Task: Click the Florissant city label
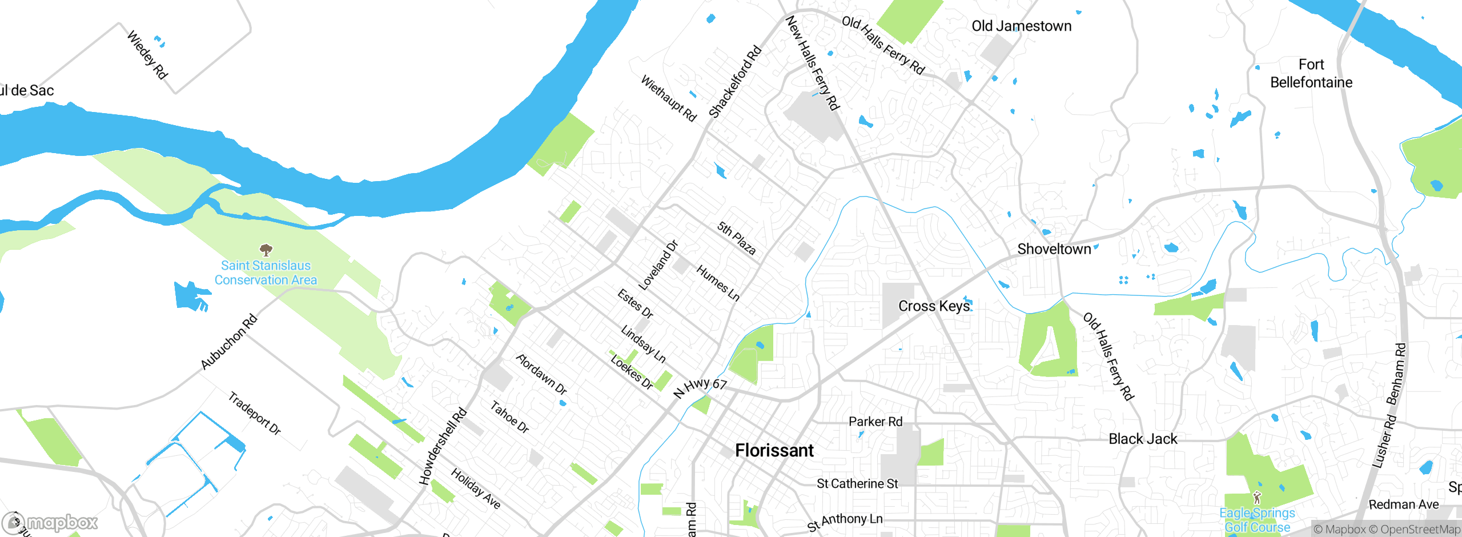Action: pos(774,450)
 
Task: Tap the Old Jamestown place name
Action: pos(1021,26)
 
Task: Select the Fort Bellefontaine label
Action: pos(1311,73)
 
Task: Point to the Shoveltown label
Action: pos(1054,249)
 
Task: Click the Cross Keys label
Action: pos(934,306)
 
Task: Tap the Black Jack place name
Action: pos(1143,439)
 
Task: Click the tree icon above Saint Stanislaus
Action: pos(266,250)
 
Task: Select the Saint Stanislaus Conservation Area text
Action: pos(266,273)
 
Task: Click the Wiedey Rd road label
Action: pos(147,55)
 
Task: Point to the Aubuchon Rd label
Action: pos(229,342)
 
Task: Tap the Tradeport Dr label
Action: pos(255,414)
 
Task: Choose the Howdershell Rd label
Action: pos(443,447)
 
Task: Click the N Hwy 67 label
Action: pos(700,388)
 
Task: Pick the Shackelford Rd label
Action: pos(735,82)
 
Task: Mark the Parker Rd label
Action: pos(875,422)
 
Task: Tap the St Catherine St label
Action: pos(857,484)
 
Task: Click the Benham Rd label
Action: pos(1396,374)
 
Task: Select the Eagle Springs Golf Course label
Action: pos(1257,520)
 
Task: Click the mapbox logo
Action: pos(50,523)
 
